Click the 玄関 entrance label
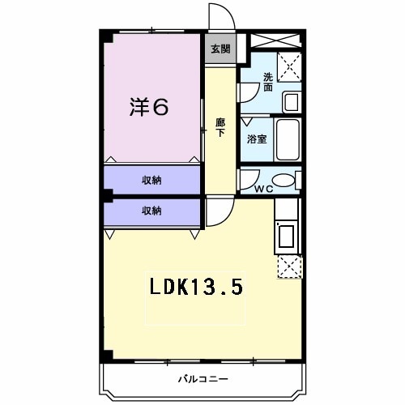220,49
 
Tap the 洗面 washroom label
267,82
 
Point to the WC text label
263,189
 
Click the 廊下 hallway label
220,128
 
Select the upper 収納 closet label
151,180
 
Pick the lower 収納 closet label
151,211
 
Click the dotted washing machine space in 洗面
288,66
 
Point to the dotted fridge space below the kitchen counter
288,266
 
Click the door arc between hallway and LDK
216,213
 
